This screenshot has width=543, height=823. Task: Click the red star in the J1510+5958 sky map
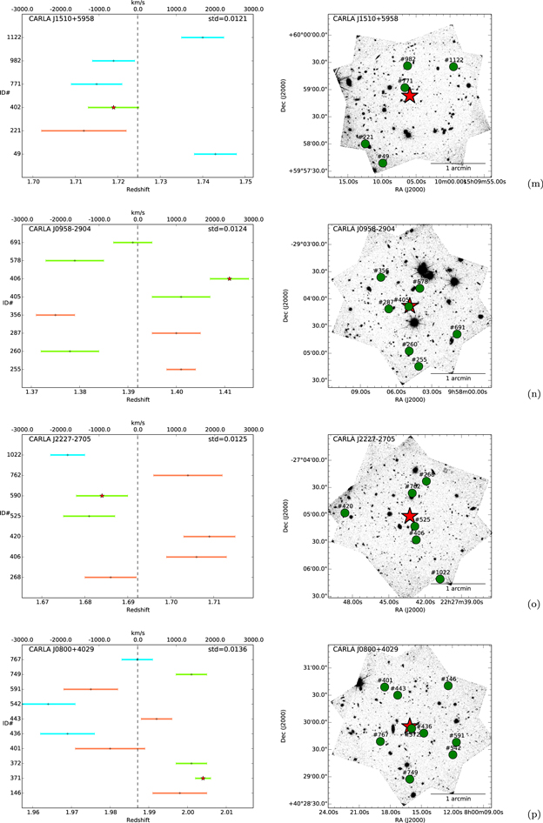click(410, 95)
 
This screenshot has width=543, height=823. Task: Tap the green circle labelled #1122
click(453, 67)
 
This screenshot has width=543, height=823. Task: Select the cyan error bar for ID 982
click(113, 61)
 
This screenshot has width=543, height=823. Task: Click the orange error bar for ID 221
click(84, 130)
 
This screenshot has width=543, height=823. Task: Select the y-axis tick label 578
click(15, 260)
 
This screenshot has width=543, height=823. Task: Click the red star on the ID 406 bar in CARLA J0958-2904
click(229, 278)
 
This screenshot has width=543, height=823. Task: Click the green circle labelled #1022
click(440, 579)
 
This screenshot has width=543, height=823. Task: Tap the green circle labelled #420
click(345, 513)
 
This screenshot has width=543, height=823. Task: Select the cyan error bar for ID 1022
click(67, 455)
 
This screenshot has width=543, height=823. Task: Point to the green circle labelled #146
click(448, 686)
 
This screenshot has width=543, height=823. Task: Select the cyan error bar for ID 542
click(48, 704)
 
